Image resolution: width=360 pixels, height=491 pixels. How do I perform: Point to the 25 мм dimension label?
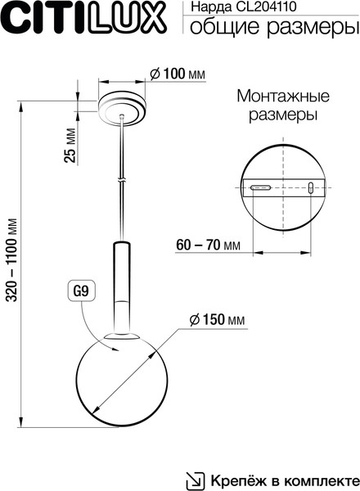tap(71, 145)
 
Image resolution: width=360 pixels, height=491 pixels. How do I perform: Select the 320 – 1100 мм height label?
tap(12, 263)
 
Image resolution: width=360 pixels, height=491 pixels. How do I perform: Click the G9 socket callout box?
tap(82, 290)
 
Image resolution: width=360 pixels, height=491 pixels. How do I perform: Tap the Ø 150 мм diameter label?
tap(215, 319)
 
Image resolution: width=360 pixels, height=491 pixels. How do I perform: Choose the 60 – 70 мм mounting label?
tap(208, 245)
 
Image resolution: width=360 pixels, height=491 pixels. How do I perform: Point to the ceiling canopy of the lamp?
tap(123, 107)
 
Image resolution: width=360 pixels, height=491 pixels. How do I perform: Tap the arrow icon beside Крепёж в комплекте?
tap(196, 479)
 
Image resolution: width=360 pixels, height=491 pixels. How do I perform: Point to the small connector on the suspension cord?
tap(122, 178)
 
